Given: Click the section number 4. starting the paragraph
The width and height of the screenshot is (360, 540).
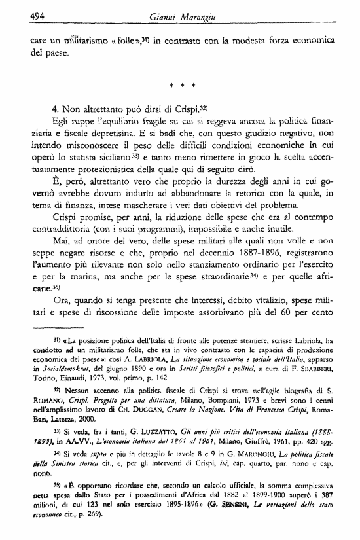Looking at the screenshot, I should tap(56, 106).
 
